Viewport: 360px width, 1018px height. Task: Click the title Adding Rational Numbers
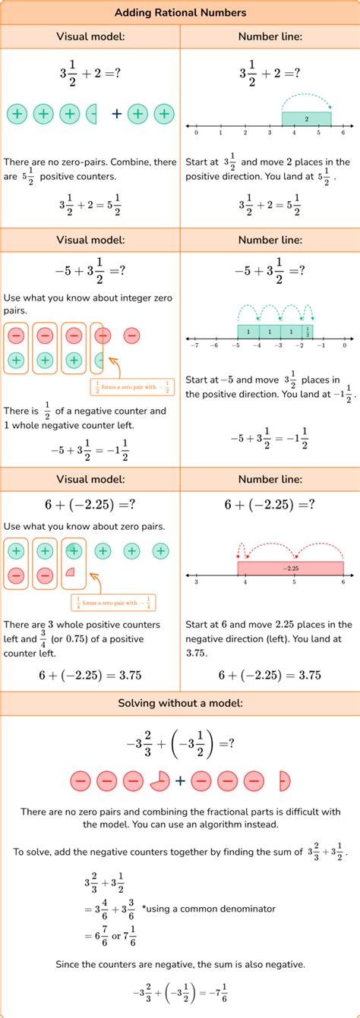(x=180, y=13)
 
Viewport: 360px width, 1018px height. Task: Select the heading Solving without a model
(x=180, y=703)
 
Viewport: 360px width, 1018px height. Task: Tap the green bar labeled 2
(x=306, y=119)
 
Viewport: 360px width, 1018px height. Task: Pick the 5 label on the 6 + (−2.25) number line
(x=294, y=582)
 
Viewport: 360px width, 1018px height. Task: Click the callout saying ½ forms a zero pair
(x=132, y=387)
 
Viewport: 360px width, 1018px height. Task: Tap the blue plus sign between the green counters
(x=116, y=114)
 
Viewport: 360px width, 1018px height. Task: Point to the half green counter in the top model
(x=93, y=114)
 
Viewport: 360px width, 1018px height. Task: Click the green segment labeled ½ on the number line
(x=308, y=332)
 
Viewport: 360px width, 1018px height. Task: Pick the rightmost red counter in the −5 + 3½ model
(x=131, y=335)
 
